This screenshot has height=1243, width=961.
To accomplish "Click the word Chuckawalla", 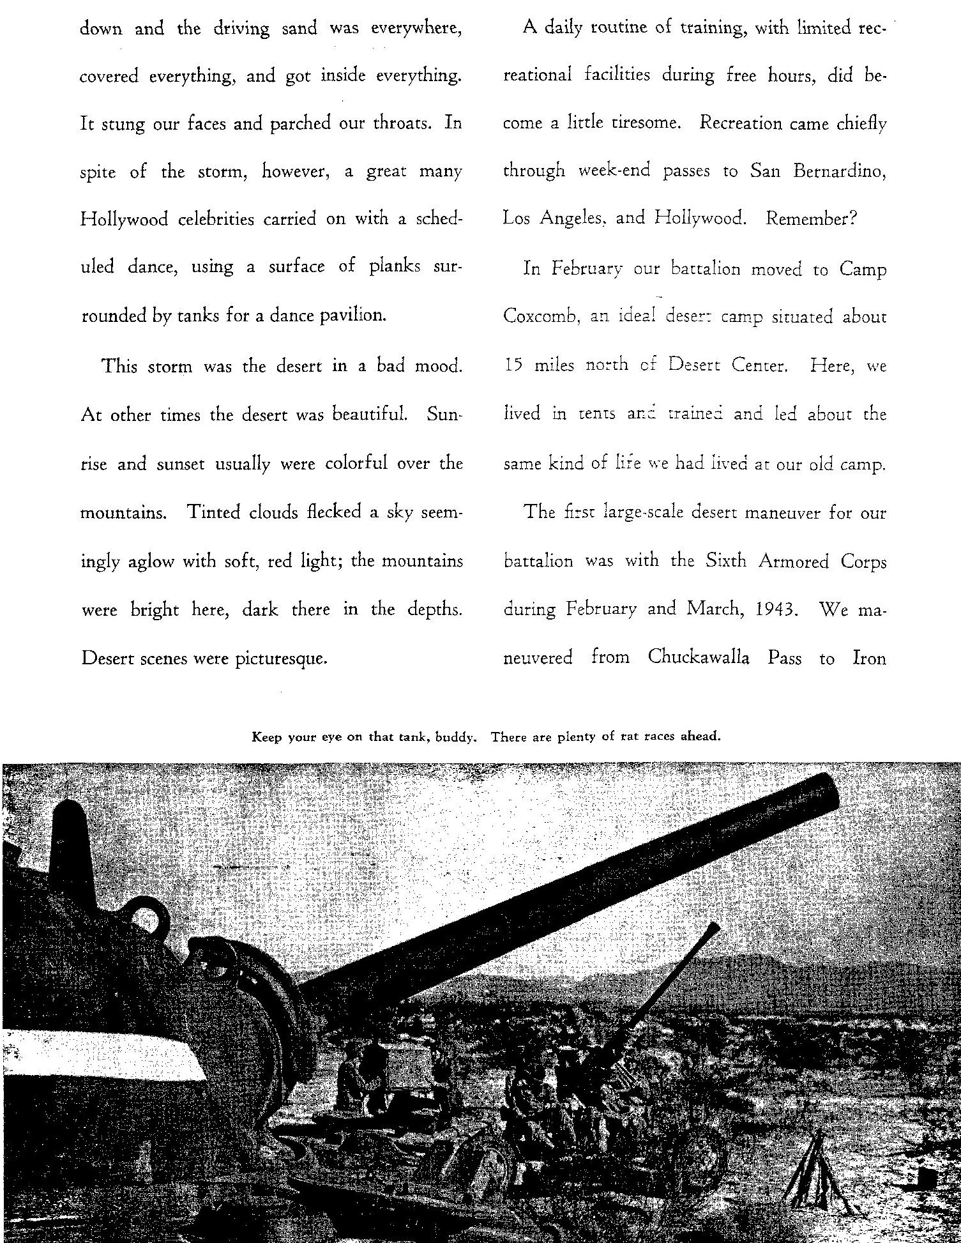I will pyautogui.click(x=698, y=657).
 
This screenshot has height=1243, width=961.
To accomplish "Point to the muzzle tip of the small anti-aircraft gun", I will pyautogui.click(x=715, y=926).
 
